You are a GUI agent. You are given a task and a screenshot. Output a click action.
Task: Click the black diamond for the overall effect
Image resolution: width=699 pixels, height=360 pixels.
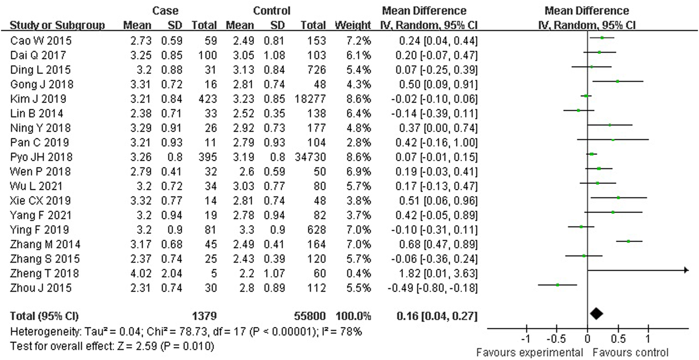point(596,314)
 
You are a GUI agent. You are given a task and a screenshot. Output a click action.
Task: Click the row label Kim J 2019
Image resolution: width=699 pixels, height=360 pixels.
point(38,99)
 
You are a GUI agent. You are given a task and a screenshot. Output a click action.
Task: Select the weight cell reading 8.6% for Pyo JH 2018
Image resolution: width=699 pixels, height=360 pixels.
point(358,157)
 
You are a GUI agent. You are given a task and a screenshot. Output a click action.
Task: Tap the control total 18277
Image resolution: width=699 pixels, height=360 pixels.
point(310,99)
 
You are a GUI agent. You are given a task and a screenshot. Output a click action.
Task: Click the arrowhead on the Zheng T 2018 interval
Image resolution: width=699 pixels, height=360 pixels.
point(686,270)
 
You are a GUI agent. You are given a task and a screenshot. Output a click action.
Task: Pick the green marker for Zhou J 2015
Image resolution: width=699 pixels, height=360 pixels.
point(557,285)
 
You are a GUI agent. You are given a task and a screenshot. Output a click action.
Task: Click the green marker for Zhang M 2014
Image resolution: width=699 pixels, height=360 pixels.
point(629,241)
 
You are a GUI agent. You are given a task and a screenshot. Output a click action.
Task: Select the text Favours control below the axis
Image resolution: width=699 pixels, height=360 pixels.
point(631,352)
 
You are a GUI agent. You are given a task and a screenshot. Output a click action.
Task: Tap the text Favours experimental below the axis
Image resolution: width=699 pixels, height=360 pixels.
point(529,352)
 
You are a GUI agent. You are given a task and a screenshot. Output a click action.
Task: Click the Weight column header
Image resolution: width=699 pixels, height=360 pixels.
point(353,25)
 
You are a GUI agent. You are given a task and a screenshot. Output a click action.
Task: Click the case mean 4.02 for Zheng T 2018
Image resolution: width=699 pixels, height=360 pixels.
point(141,274)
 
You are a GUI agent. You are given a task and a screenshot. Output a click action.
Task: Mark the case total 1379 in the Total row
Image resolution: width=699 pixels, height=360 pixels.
point(204,316)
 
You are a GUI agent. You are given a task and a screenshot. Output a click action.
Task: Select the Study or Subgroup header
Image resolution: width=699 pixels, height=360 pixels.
point(57,25)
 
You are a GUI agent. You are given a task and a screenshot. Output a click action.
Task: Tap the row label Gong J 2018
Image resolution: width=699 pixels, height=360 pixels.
point(42,84)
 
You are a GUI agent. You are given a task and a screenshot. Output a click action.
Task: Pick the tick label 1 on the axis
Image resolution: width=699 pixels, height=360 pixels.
point(648,339)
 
